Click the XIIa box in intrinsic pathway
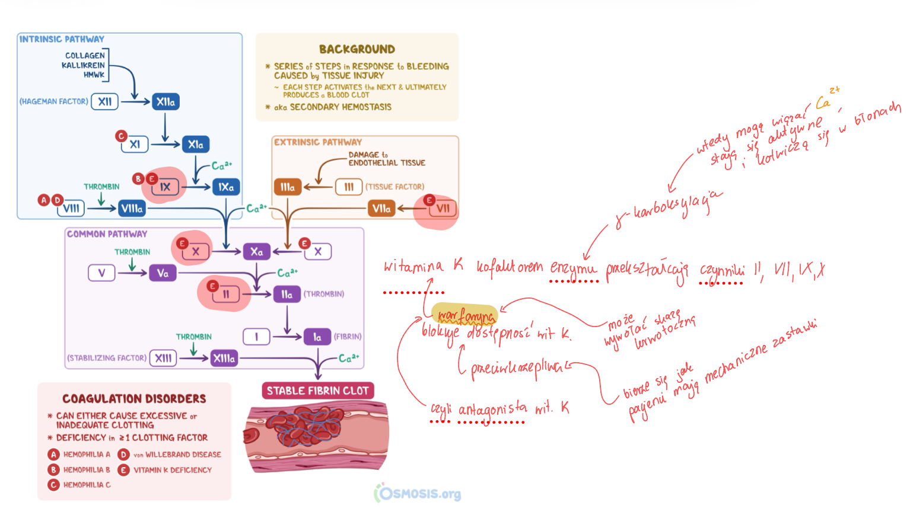click(x=166, y=102)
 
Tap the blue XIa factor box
click(x=195, y=145)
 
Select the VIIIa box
click(x=132, y=209)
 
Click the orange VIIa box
click(x=381, y=209)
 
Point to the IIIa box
click(x=288, y=187)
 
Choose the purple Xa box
click(x=256, y=252)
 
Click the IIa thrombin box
click(x=287, y=295)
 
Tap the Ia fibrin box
click(x=317, y=337)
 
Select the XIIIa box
click(x=224, y=359)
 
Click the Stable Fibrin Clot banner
click(x=317, y=391)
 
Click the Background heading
click(x=357, y=50)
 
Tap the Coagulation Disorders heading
click(x=134, y=399)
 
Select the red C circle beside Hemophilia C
click(x=53, y=485)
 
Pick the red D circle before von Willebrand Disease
click(x=123, y=455)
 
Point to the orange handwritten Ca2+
click(x=826, y=100)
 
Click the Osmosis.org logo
click(x=418, y=493)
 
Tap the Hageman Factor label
click(x=53, y=102)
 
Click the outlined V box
click(x=101, y=273)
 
